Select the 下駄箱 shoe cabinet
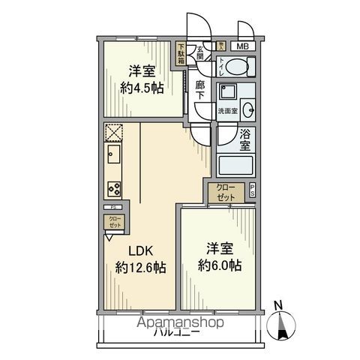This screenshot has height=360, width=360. tap(181, 53)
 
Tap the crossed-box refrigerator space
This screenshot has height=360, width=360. tap(114, 133)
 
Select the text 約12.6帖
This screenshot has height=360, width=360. tap(140, 267)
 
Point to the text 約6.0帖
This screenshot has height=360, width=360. tap(220, 265)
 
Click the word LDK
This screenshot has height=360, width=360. tap(139, 251)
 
